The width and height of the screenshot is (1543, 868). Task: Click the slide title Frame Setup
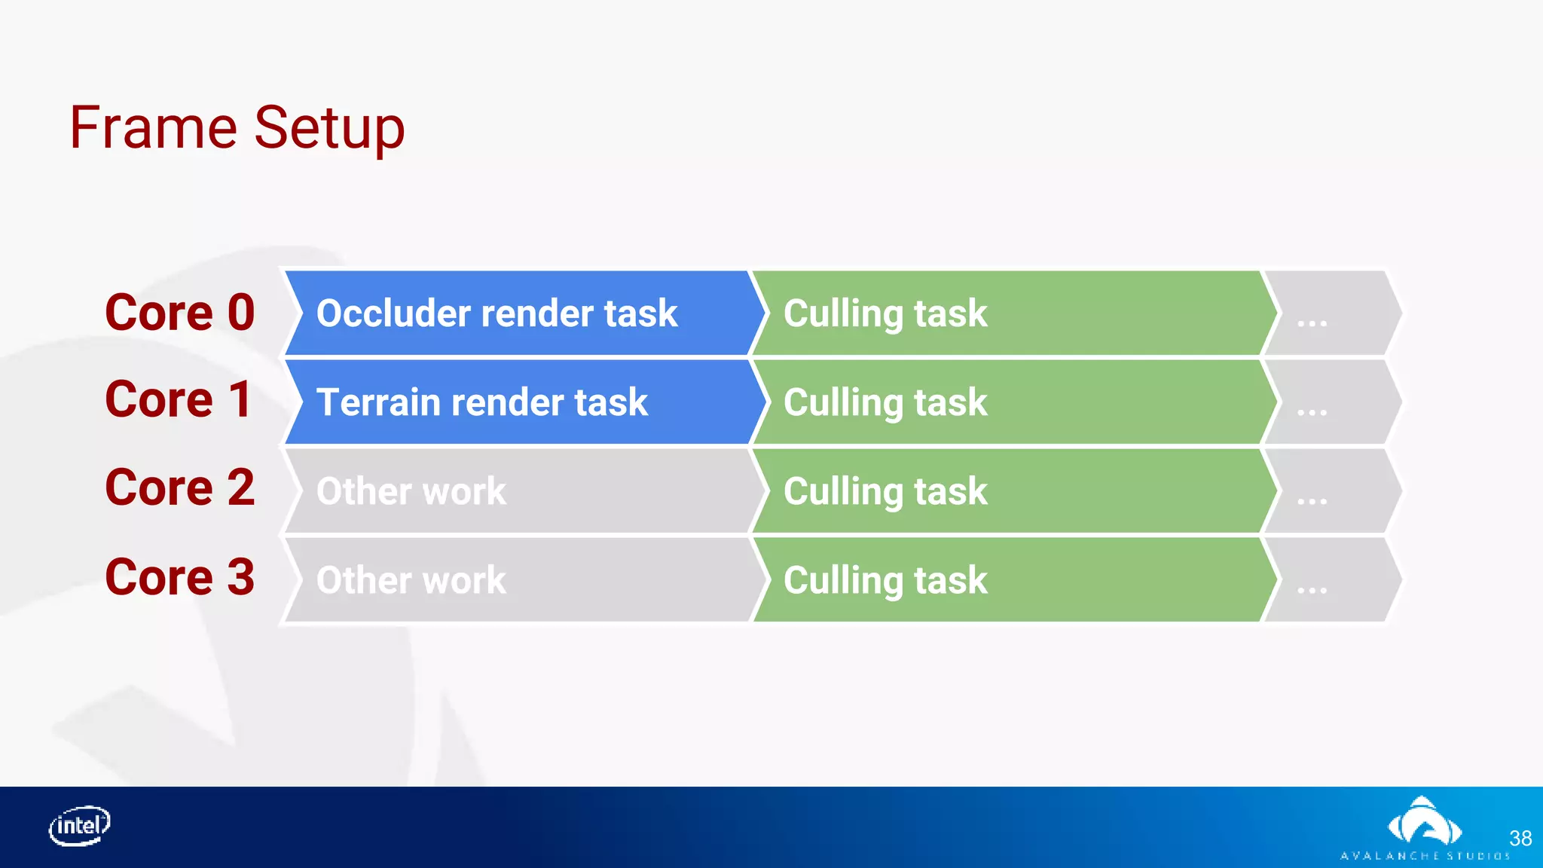click(237, 128)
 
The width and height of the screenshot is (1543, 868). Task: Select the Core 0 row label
click(180, 312)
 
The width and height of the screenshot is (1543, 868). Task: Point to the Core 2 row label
click(180, 487)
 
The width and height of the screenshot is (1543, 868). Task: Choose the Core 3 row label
click(180, 577)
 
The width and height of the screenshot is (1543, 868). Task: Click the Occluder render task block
click(520, 313)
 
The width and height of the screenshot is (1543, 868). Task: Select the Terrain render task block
click(520, 402)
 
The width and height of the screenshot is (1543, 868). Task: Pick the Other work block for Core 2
click(520, 491)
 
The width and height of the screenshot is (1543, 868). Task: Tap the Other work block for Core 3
click(520, 579)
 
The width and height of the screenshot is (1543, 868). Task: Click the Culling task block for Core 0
click(1010, 313)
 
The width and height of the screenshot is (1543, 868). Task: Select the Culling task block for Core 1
click(1010, 402)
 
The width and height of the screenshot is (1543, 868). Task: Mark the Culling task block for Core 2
click(1010, 491)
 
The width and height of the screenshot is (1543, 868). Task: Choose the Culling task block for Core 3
click(1010, 579)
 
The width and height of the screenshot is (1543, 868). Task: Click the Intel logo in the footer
click(79, 826)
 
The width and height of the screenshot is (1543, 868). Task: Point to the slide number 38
click(1520, 839)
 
